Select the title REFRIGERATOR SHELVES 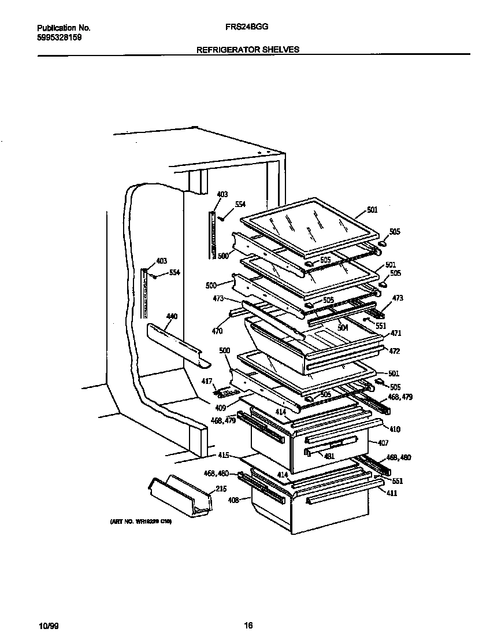pyautogui.click(x=248, y=50)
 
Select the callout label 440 pyautogui.click(x=172, y=317)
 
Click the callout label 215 pyautogui.click(x=220, y=489)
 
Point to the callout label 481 pyautogui.click(x=329, y=456)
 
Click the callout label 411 pyautogui.click(x=392, y=493)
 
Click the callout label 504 pyautogui.click(x=343, y=327)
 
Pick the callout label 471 pyautogui.click(x=396, y=334)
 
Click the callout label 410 pyautogui.click(x=395, y=430)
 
